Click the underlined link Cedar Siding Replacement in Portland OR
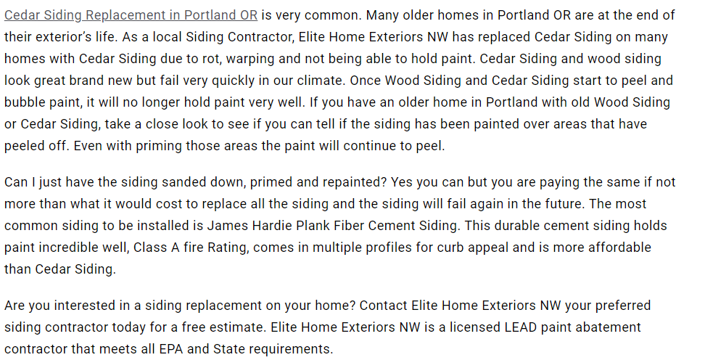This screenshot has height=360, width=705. pyautogui.click(x=131, y=15)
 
